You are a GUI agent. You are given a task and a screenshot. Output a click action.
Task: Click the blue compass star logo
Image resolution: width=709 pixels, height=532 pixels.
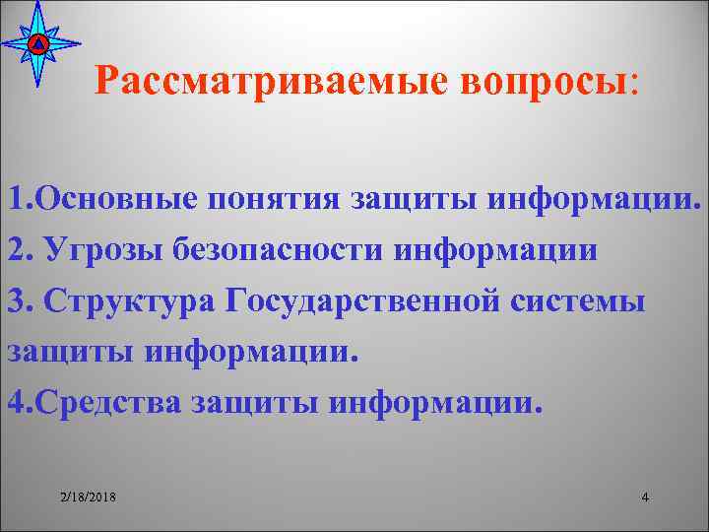pyautogui.click(x=37, y=44)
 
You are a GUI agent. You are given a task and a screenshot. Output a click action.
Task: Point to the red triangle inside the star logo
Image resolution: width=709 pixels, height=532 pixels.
pyautogui.click(x=37, y=44)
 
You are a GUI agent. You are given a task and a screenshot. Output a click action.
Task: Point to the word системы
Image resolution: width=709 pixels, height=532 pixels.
pyautogui.click(x=590, y=300)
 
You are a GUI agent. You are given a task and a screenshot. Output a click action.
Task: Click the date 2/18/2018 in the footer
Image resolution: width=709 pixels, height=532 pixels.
pyautogui.click(x=88, y=498)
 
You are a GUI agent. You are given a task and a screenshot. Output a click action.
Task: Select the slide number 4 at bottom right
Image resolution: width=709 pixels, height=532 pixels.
pyautogui.click(x=644, y=498)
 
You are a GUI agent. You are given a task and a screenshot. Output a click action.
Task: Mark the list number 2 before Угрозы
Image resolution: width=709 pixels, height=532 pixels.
pyautogui.click(x=14, y=250)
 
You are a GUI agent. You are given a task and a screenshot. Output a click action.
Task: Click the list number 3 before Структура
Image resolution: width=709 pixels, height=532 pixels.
pyautogui.click(x=14, y=300)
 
